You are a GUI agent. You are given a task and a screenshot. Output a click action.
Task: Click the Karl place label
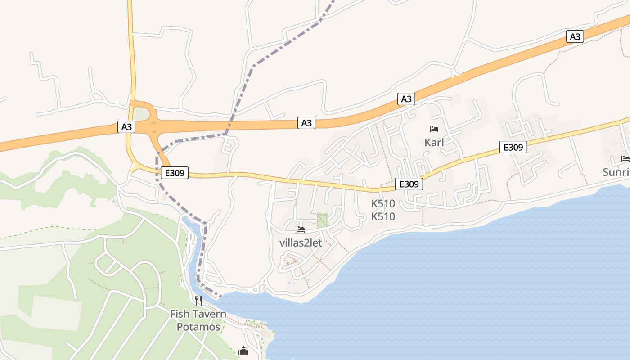(434, 143)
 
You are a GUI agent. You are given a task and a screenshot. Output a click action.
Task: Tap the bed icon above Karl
(434, 129)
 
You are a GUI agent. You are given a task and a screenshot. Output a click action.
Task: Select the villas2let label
(301, 243)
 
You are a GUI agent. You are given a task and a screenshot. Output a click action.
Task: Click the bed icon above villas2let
(301, 229)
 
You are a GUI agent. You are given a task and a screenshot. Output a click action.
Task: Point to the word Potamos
(198, 327)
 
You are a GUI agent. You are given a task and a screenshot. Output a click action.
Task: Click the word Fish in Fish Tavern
(180, 314)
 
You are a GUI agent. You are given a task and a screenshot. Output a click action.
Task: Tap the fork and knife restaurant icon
(198, 300)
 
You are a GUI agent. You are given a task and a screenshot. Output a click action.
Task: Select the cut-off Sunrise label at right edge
(616, 172)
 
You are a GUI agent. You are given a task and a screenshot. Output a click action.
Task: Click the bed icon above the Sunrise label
(625, 158)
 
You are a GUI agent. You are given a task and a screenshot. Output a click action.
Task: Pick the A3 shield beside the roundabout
(127, 127)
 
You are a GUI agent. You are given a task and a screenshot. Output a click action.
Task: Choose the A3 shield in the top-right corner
(575, 36)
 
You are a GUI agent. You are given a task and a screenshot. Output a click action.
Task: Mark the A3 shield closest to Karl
(406, 99)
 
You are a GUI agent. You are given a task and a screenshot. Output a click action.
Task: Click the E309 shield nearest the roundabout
(175, 173)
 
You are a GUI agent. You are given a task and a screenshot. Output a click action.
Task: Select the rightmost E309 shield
(513, 147)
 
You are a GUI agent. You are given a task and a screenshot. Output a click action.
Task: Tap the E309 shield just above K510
(409, 184)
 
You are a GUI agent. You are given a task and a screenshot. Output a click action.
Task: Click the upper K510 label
(383, 203)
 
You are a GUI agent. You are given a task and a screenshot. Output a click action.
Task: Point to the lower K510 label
(383, 217)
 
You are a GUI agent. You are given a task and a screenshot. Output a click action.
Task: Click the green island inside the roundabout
(141, 114)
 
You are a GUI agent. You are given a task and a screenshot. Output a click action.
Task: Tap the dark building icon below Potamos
(243, 351)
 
